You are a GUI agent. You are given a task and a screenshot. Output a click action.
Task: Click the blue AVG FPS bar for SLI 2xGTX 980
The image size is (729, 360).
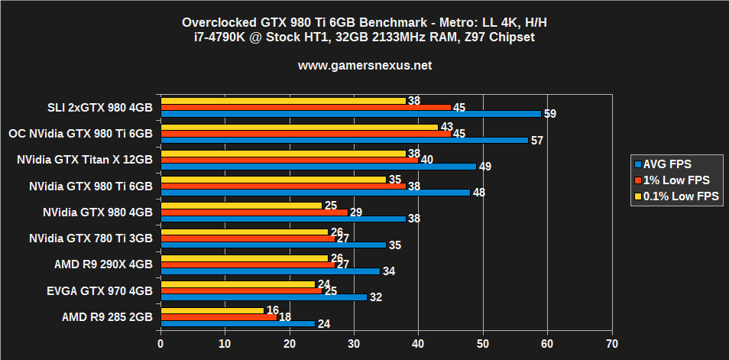point(350,114)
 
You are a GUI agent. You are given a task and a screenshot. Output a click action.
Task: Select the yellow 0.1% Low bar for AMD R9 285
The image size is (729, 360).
point(212,310)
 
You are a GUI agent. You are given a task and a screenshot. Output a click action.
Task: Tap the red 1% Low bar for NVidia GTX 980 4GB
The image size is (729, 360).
point(254,212)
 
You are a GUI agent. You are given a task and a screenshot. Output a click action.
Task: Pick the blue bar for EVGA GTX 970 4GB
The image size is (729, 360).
point(263,297)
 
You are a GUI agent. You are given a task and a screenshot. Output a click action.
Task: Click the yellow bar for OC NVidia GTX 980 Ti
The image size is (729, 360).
point(299,127)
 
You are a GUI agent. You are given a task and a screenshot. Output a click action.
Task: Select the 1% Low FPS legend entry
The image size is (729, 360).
point(672,180)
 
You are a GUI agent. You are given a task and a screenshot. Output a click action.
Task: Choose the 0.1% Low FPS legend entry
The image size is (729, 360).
point(676,196)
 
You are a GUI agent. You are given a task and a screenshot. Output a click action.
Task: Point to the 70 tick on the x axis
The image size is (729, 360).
point(611,343)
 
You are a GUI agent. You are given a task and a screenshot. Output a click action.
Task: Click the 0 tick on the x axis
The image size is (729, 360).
point(160,343)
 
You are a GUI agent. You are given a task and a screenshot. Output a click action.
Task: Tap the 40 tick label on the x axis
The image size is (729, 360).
point(418,343)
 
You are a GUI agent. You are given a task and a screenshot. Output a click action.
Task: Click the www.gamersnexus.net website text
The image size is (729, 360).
point(364,66)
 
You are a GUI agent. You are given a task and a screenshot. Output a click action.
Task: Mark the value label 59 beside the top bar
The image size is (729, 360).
point(549,114)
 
